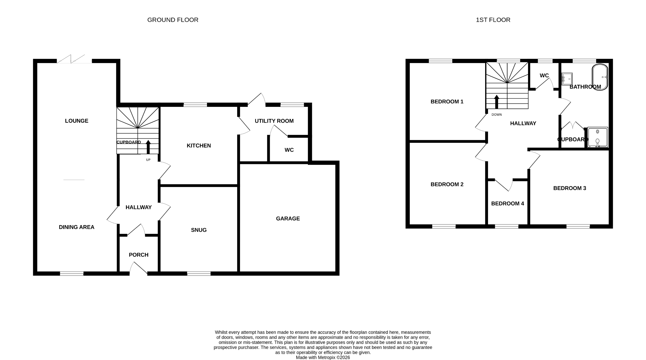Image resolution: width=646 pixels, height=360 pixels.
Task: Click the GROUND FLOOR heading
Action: tap(173, 20)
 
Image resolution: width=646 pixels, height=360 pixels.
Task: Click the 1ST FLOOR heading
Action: tap(493, 20)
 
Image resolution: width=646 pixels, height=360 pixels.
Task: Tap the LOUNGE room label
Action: tap(76, 121)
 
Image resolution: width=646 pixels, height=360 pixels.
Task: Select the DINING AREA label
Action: tap(76, 227)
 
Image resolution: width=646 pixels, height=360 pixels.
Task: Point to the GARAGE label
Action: tap(288, 218)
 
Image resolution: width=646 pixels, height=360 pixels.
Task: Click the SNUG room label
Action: tap(199, 230)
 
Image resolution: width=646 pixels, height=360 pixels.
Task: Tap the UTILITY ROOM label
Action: tap(274, 121)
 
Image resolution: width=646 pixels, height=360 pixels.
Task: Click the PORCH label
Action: tap(138, 255)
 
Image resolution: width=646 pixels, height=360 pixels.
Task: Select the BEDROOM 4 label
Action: tap(507, 204)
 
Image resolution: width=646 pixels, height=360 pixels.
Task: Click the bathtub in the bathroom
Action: tap(600, 77)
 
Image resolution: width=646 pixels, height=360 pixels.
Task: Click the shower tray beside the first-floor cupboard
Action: tap(597, 137)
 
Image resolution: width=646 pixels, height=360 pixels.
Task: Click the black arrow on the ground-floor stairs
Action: tap(148, 147)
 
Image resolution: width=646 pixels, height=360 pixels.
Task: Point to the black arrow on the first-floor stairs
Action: tap(496, 102)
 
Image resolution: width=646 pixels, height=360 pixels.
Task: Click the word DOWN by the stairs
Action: tap(496, 114)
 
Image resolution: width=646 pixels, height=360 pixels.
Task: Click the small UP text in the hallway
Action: tap(148, 160)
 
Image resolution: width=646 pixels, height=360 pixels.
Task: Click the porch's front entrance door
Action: tap(138, 270)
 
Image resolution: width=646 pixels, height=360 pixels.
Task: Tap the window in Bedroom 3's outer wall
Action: tap(578, 226)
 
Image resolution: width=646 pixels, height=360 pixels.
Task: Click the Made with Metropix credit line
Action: tap(323, 357)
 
